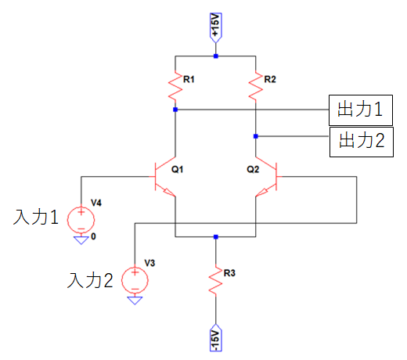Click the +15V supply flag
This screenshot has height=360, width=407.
(216, 27)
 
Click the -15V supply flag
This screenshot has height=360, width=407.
(216, 337)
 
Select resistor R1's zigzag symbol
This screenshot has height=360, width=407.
(175, 86)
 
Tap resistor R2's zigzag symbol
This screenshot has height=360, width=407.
(256, 86)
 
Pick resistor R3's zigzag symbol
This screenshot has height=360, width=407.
(216, 281)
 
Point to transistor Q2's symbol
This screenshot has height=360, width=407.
(268, 177)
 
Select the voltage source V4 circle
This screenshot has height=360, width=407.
(81, 219)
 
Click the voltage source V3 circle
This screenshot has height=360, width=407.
(135, 280)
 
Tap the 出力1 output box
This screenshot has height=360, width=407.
(361, 110)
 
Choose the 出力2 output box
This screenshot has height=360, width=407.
(362, 142)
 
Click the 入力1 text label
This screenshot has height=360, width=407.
(36, 217)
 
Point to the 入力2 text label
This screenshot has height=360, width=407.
(90, 280)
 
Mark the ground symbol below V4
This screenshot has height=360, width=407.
(81, 240)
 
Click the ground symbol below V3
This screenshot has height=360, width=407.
(135, 301)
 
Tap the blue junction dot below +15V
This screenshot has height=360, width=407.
(216, 56)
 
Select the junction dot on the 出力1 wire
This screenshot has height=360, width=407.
(175, 110)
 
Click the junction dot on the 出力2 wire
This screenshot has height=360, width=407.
(256, 136)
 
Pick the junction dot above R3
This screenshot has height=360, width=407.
(216, 237)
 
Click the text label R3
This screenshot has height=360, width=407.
(229, 273)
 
